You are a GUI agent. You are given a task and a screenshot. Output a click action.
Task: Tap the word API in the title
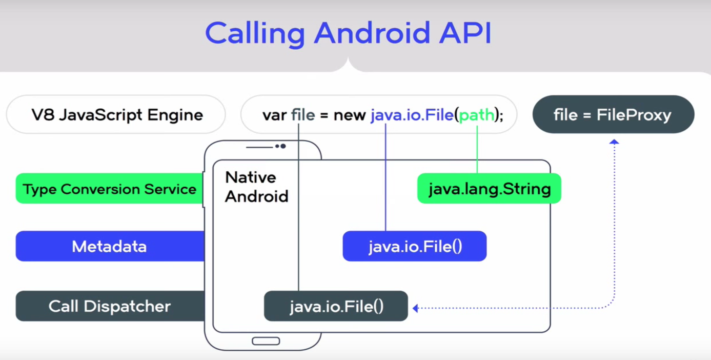(464, 33)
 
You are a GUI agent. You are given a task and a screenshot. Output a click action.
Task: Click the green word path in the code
(476, 115)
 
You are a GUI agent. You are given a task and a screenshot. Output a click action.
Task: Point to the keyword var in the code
(274, 115)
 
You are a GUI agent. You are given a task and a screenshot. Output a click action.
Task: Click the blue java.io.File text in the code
(412, 115)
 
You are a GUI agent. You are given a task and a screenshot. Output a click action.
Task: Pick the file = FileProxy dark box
(613, 114)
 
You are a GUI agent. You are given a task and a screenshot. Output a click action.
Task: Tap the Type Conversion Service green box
(110, 189)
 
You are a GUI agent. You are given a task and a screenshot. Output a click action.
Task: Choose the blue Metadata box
(110, 246)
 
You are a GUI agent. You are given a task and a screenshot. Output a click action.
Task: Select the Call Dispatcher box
(110, 306)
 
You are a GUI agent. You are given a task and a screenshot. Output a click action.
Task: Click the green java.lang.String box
(489, 189)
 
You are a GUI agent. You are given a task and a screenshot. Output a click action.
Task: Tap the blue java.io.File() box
(415, 246)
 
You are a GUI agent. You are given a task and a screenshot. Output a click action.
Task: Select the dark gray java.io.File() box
(336, 306)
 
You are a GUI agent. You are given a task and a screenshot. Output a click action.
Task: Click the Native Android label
(256, 187)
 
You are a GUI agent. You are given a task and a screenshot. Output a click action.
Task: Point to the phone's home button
(266, 341)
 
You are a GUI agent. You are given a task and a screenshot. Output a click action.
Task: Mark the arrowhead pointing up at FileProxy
(614, 142)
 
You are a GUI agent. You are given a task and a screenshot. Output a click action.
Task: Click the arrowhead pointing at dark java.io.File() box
(416, 308)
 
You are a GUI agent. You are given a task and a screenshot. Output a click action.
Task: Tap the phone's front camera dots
(280, 146)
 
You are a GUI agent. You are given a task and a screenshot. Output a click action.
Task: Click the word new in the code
(349, 115)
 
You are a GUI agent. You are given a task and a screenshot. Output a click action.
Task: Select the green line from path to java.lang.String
(477, 149)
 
